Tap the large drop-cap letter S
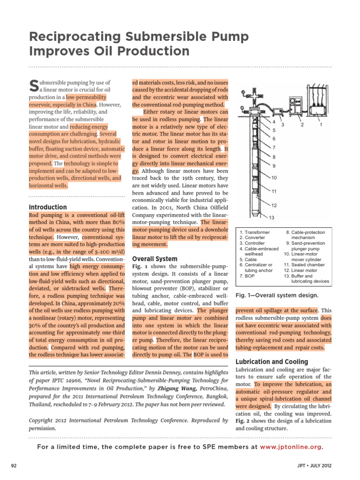pos(33,85)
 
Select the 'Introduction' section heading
pos(48,207)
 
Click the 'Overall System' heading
pos(155,259)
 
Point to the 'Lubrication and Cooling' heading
pos(265,362)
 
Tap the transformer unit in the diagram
pos(320,107)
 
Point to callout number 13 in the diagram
pos(271,217)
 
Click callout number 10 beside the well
pos(274,178)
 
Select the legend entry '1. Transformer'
pos(255,232)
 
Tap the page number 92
pos(14,465)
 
